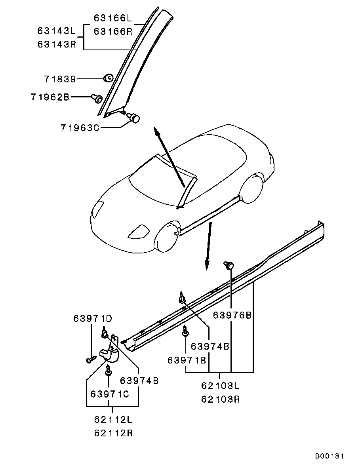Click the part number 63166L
pos(113,18)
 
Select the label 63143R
pos(57,44)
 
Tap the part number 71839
pos(60,79)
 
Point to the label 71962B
pos(50,97)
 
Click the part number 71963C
pos(80,128)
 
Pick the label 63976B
pos(232,315)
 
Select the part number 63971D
pos(93,318)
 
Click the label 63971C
pos(110,394)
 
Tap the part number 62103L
pos(220,386)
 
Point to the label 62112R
pos(113,433)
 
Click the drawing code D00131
pos(329,456)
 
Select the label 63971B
pos(187,360)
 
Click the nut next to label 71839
pos(108,78)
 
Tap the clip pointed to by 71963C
pos(134,117)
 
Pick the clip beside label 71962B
pos(97,98)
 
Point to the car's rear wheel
pos(253,188)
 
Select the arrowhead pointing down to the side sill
pos(207,264)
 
